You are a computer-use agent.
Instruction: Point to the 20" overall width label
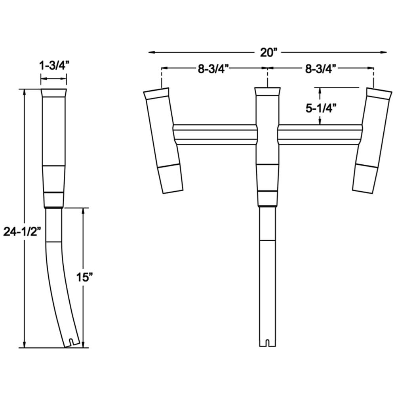(270, 52)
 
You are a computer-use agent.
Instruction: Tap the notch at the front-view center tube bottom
(268, 342)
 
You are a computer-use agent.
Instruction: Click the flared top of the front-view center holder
(268, 91)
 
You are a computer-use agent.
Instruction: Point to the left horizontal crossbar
(215, 135)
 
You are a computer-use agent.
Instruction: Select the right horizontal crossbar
(320, 135)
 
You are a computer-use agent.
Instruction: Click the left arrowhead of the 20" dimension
(152, 52)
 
